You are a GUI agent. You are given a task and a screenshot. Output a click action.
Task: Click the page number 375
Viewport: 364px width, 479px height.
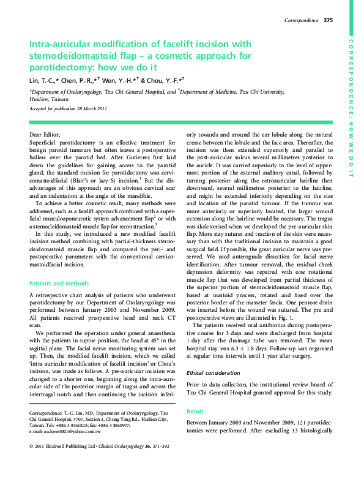(x=328, y=20)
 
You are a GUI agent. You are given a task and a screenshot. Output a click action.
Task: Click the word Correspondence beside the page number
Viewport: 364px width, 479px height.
(x=302, y=20)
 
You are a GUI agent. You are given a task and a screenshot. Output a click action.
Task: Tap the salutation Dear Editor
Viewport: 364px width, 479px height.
(x=45, y=134)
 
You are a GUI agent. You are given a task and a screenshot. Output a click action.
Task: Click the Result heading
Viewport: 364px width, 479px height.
(x=195, y=412)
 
